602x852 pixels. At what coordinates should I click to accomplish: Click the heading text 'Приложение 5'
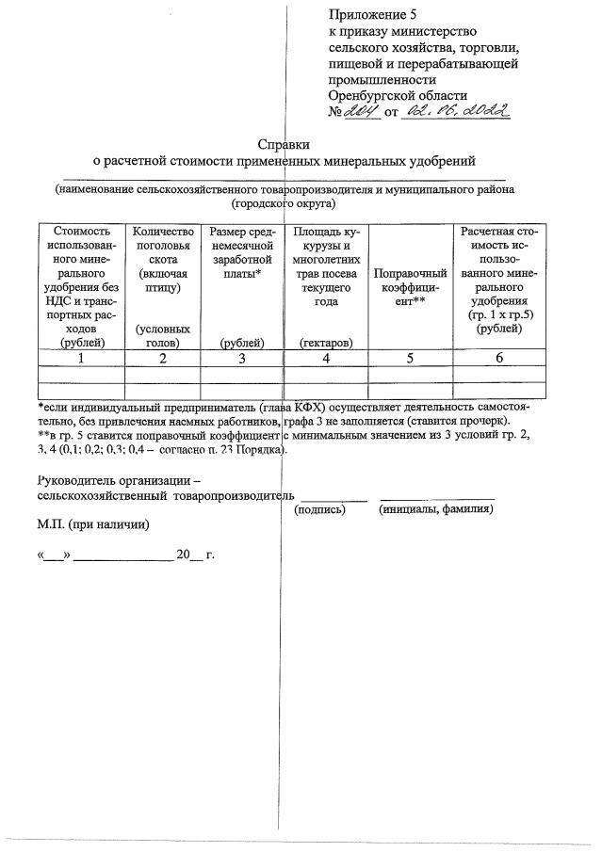(x=371, y=13)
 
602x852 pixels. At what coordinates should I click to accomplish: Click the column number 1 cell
(x=81, y=358)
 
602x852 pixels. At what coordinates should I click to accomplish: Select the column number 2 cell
(x=162, y=358)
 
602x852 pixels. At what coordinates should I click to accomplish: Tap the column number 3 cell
(x=241, y=358)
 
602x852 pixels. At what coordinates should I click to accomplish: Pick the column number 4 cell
(x=325, y=358)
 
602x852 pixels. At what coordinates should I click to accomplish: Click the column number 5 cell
(x=410, y=358)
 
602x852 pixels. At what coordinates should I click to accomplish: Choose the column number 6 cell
(x=496, y=358)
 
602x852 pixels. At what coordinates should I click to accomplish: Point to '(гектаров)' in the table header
(x=325, y=344)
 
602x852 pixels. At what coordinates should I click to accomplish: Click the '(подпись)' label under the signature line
(x=320, y=509)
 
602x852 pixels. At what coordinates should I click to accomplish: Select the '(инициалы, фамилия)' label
(x=436, y=509)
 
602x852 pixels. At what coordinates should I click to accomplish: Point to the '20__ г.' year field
(x=195, y=555)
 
